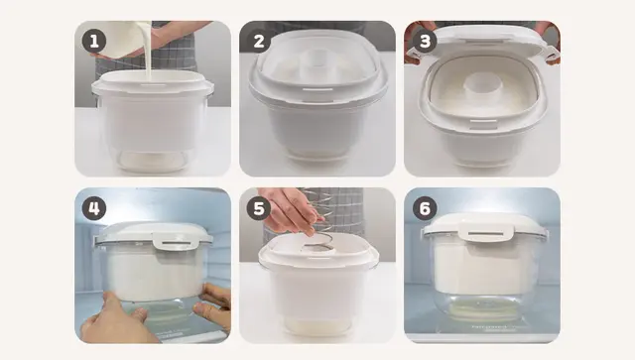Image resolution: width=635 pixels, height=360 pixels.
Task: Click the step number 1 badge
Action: point(94,41)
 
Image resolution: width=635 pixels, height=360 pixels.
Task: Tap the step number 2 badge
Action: point(259,41)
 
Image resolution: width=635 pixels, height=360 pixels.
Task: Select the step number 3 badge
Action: point(425,41)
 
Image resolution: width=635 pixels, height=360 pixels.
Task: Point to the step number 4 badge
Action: point(94,208)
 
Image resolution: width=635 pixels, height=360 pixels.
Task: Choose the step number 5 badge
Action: point(259,208)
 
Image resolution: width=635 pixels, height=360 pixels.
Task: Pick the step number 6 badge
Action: point(425,208)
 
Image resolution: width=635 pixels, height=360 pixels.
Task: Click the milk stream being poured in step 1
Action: point(148,53)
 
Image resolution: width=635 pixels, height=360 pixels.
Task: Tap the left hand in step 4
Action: point(115,320)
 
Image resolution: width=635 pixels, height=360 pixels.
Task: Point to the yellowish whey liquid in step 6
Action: point(482,309)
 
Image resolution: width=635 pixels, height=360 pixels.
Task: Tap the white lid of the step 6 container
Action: point(485,227)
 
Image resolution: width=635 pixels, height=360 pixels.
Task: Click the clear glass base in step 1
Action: point(152,159)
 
